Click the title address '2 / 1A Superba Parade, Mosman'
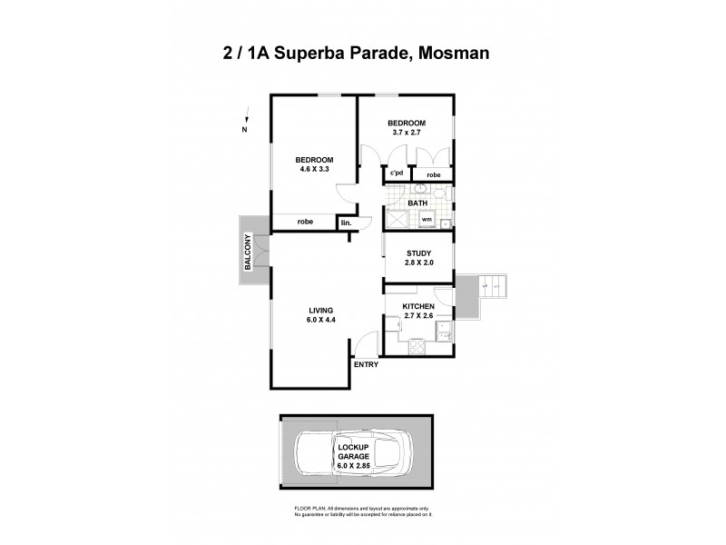(x=363, y=54)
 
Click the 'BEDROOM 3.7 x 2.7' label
(x=406, y=127)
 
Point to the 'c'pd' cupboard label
(x=396, y=173)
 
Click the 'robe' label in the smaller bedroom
(x=434, y=173)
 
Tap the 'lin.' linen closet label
(x=346, y=223)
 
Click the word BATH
(x=417, y=203)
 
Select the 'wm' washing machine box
(x=426, y=219)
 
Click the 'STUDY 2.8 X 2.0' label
(x=418, y=257)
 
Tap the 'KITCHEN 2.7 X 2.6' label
(x=418, y=312)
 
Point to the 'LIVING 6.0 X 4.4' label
(x=322, y=314)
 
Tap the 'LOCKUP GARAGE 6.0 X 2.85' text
(x=356, y=454)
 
